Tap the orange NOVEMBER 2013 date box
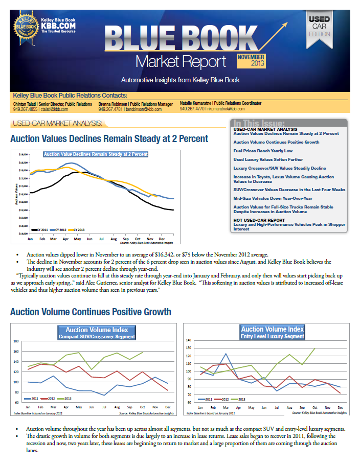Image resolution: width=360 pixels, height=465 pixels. pos(251,61)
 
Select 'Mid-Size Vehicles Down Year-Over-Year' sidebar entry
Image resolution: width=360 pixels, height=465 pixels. pos(273,198)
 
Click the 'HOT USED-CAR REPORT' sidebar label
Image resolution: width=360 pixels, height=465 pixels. pos(259,220)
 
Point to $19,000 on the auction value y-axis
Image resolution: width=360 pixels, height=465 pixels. pos(22,154)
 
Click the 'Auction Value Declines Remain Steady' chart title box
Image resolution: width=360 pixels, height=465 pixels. pos(96,154)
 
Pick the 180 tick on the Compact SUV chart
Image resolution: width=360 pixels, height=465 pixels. pos(15,341)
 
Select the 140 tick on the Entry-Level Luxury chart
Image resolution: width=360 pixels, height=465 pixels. pos(188,340)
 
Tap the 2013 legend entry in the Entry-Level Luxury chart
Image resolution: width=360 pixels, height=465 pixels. pos(240,399)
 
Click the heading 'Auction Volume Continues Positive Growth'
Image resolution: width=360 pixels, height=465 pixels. pos(91,312)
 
